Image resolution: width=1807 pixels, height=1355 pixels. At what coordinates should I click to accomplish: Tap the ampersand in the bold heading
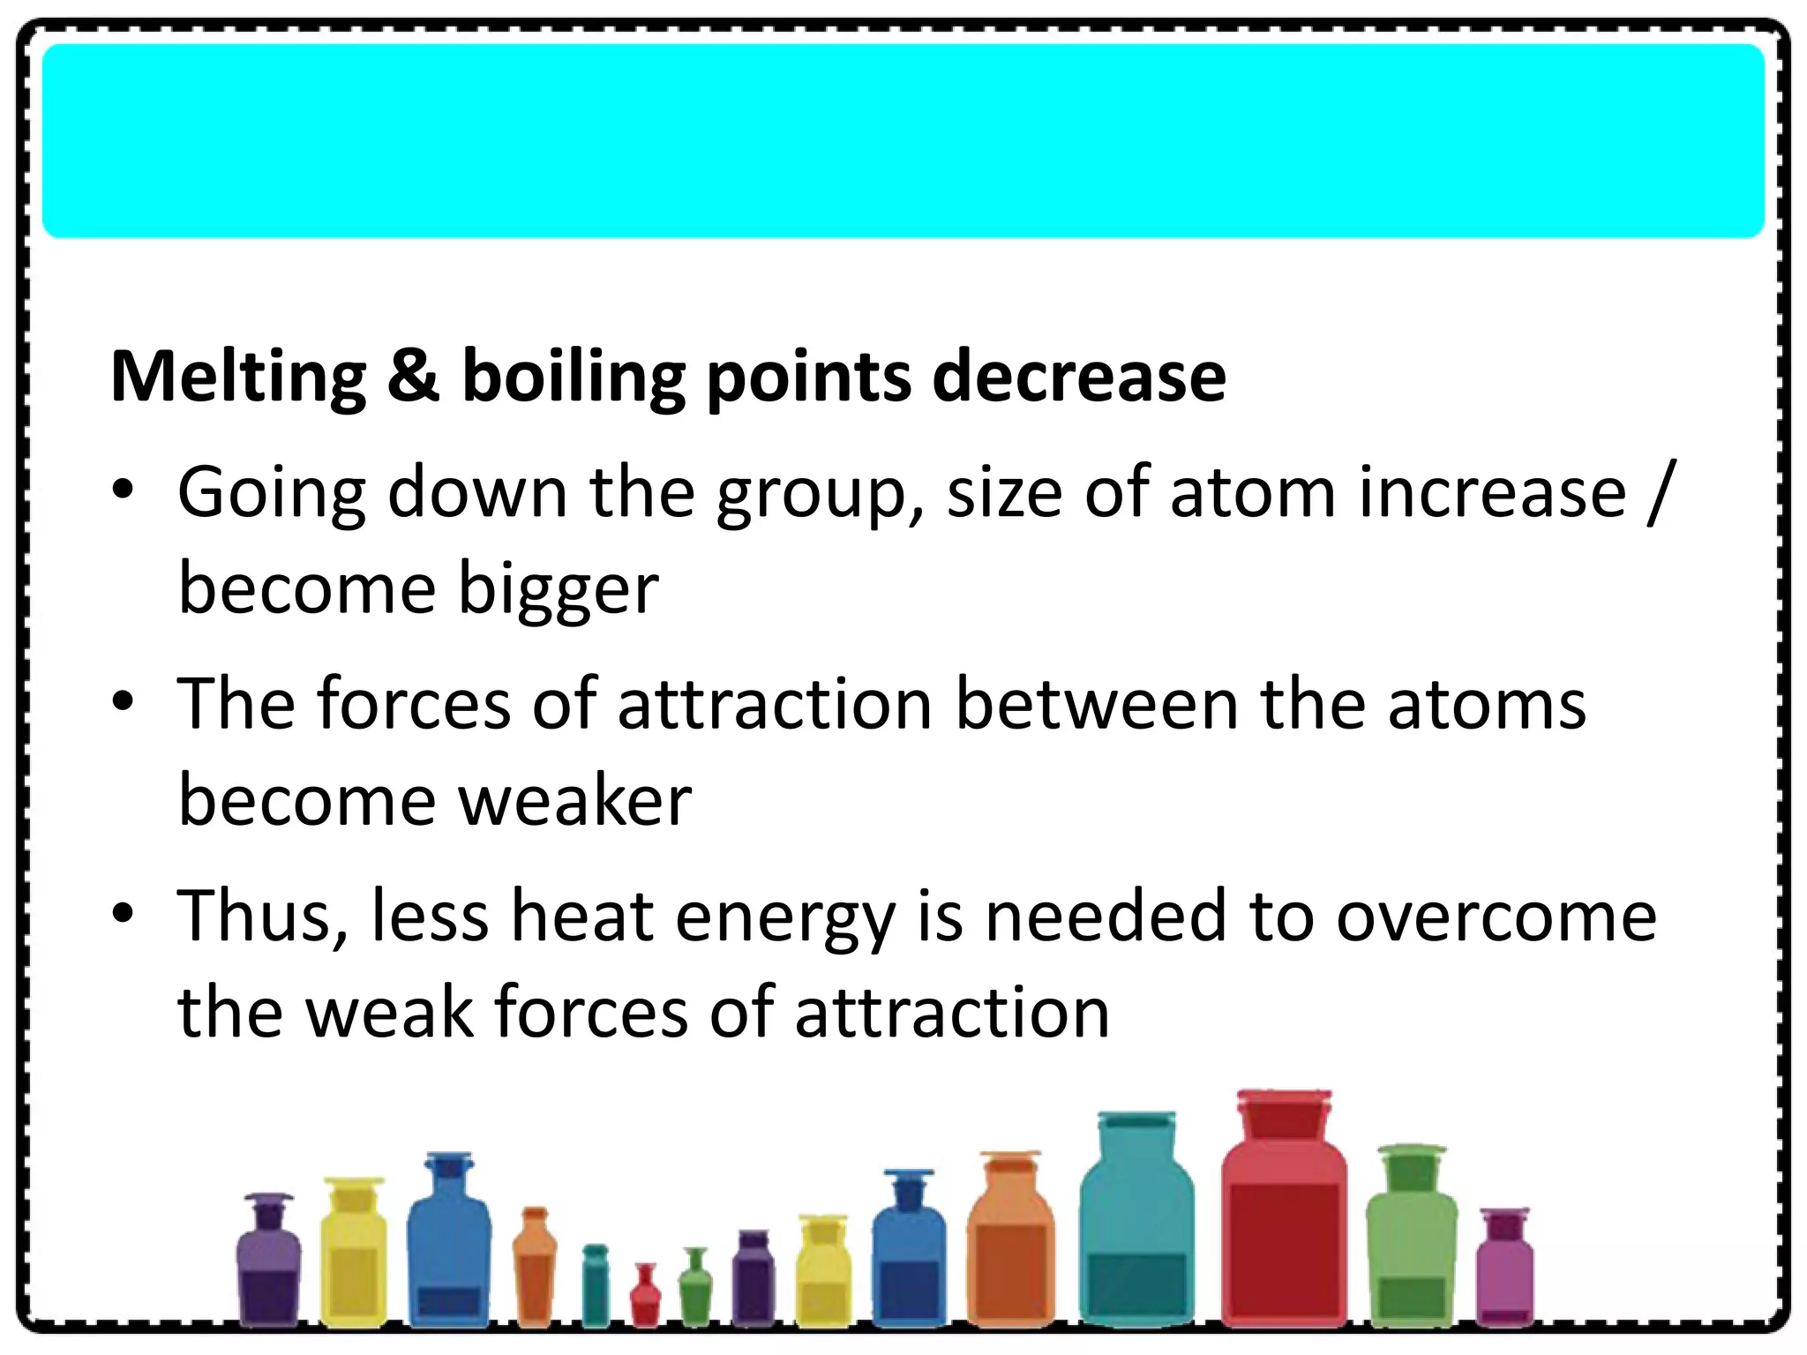[413, 376]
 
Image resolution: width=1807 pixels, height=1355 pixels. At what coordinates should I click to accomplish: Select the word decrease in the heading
[1079, 376]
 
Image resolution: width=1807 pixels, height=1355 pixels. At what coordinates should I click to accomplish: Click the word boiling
[574, 378]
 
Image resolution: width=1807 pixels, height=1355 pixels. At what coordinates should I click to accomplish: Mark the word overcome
[1496, 917]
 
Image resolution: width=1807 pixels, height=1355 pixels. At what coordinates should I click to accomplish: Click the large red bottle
[1284, 1235]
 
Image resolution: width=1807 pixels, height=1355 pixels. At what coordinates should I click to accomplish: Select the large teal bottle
[1136, 1235]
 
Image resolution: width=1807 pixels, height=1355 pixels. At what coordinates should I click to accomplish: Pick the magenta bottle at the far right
[1504, 1270]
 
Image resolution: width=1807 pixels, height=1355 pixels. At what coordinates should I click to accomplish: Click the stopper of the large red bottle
[1284, 1113]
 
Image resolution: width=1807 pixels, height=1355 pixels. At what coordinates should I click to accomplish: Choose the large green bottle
[1411, 1244]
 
